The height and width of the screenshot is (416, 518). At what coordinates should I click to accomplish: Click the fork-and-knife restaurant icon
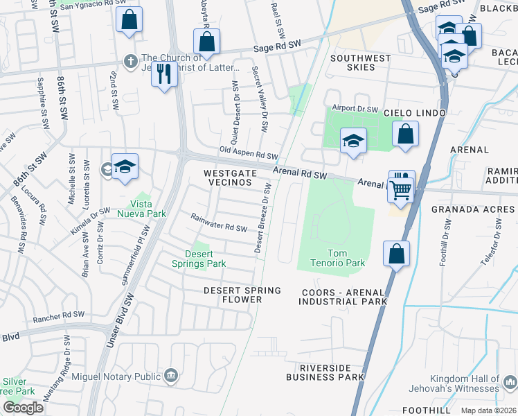click(163, 73)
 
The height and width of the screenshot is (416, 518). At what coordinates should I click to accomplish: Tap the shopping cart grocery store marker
click(401, 189)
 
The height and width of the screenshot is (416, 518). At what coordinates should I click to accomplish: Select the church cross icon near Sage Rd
click(129, 60)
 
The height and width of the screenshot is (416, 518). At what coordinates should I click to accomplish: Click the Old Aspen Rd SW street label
click(248, 153)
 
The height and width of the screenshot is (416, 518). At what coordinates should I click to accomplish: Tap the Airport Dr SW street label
click(355, 109)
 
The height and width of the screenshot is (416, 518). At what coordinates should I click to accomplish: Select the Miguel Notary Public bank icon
click(170, 376)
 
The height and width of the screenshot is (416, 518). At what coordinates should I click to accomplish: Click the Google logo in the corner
click(23, 407)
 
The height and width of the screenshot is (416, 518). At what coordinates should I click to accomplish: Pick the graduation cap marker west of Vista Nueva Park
click(125, 166)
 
